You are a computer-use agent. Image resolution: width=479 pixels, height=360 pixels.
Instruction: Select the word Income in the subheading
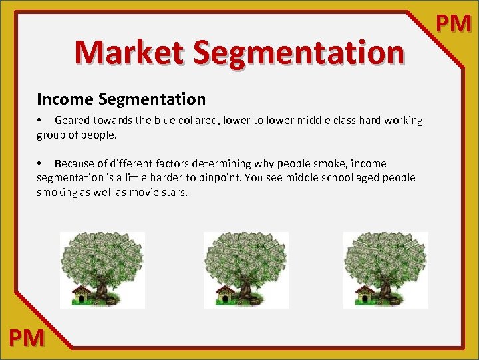tap(65, 99)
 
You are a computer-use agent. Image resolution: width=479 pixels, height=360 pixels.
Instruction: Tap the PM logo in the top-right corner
tap(454, 25)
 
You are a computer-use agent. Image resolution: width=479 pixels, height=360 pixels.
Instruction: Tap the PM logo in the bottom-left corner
tap(27, 338)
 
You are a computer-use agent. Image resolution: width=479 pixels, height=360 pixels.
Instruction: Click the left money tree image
tap(102, 268)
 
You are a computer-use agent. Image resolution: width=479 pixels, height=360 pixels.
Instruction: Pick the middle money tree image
tap(245, 268)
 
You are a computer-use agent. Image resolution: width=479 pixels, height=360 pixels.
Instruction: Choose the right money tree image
tap(385, 268)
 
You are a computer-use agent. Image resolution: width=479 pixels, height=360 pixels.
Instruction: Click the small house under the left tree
tap(82, 294)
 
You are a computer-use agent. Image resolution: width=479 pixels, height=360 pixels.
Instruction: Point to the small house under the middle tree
tap(226, 294)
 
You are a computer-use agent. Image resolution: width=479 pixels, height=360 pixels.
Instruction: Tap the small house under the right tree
tap(366, 294)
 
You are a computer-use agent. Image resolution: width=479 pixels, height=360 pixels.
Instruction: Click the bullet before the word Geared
tap(40, 121)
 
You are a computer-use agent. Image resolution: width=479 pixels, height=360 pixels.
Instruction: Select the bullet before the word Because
tap(40, 164)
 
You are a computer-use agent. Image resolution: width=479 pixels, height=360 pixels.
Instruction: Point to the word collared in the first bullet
tap(204, 121)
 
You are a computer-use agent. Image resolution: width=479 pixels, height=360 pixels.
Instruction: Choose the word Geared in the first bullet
tap(72, 121)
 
